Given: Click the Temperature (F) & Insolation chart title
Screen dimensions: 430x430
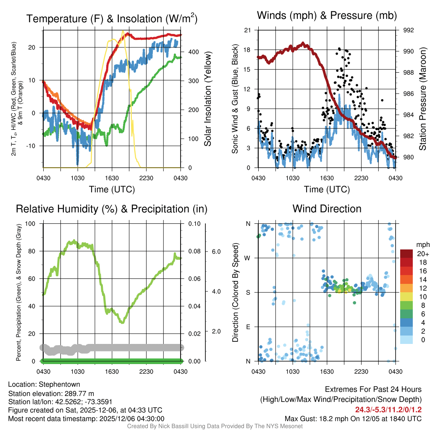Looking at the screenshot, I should pos(112,18).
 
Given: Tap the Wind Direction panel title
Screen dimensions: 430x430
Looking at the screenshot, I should pos(327,209).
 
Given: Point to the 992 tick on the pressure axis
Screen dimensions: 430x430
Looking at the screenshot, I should pos(409,30).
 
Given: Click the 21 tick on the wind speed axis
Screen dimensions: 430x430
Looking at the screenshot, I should pos(247,30).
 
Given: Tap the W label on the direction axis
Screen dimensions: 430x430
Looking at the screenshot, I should pos(248,258).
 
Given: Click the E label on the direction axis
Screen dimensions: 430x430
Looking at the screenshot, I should pos(248,327).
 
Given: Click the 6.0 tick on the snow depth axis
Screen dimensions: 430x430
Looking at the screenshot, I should pos(216,252).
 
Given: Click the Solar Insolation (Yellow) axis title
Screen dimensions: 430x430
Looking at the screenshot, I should pos(207,99).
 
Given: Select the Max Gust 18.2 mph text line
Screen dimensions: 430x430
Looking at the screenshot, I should pos(353,418).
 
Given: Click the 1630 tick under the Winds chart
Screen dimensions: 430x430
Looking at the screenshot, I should pos(327,178).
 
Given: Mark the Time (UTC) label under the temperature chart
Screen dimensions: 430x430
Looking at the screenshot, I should pos(112,189).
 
